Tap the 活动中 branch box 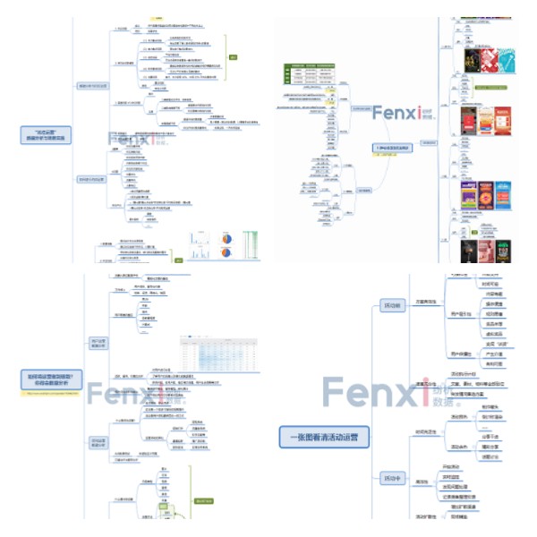click(x=391, y=476)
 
